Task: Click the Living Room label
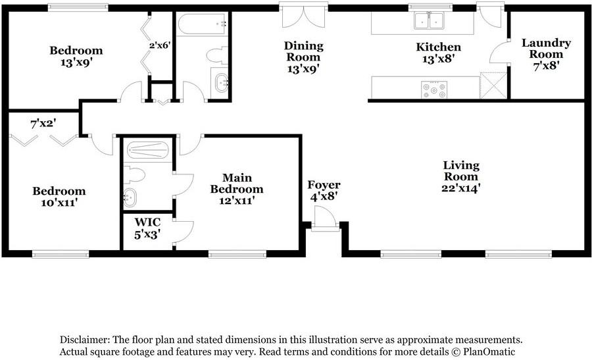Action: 460,176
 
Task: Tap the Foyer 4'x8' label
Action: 324,191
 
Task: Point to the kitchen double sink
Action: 428,22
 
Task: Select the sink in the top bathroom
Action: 220,83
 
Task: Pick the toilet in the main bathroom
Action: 134,174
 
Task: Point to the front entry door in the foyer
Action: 322,219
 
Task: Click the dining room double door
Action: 295,16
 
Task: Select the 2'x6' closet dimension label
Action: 160,45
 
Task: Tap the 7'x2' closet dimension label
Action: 43,123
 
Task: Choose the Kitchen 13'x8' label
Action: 438,53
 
